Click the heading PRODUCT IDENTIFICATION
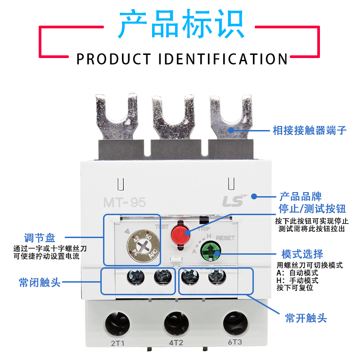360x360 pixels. (x=182, y=59)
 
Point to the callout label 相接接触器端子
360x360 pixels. (x=310, y=130)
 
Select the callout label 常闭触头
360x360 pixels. (x=39, y=282)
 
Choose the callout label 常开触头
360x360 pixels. (x=306, y=319)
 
